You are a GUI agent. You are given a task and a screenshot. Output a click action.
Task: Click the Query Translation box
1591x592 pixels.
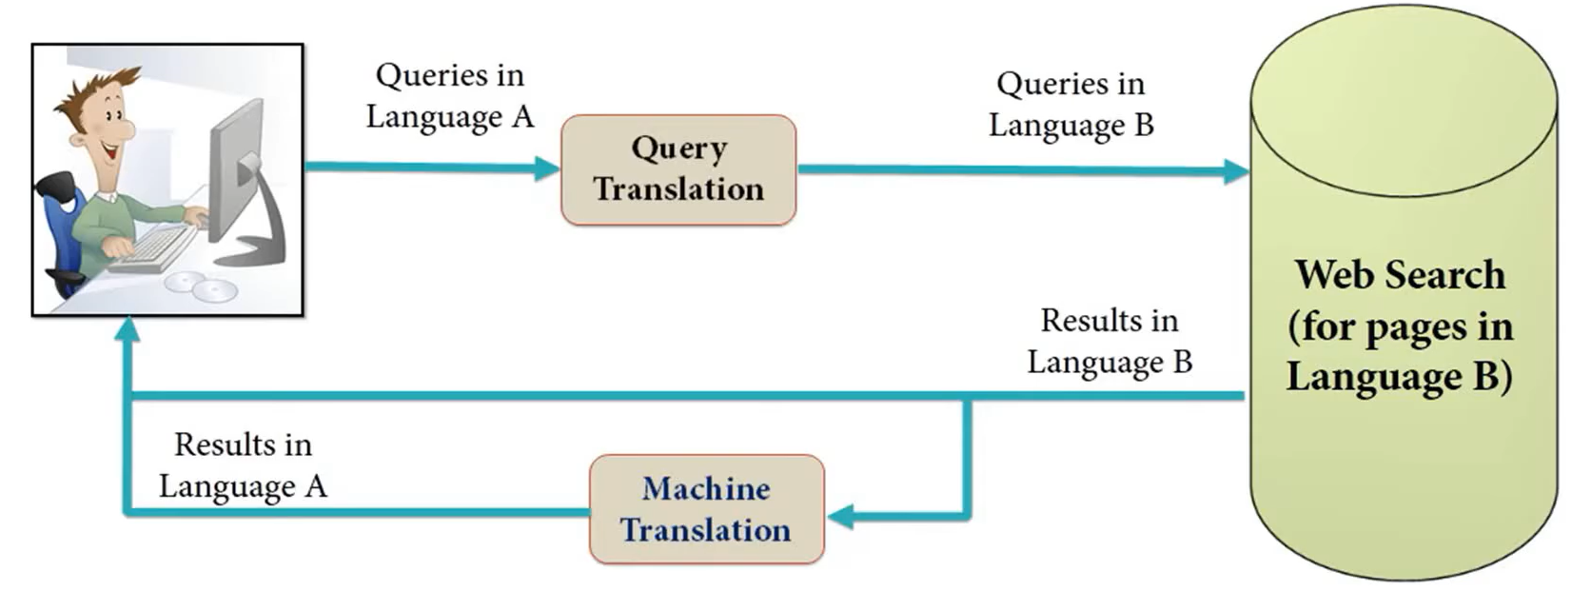point(678,170)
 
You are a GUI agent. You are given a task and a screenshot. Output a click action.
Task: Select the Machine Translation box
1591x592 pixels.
point(706,509)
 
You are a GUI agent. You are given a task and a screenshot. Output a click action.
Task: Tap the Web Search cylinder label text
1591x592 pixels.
point(1400,326)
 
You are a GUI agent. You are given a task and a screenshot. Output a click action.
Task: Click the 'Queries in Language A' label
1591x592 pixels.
point(449,95)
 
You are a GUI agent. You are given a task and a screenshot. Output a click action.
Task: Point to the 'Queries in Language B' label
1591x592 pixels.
point(1070,104)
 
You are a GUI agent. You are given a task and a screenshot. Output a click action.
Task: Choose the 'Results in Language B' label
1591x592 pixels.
point(1110,341)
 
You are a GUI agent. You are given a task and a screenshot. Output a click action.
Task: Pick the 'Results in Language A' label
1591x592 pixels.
point(243,465)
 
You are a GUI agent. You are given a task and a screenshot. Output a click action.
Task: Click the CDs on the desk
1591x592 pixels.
point(201,285)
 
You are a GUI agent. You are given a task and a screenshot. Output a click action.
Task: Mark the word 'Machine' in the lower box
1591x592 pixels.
point(706,488)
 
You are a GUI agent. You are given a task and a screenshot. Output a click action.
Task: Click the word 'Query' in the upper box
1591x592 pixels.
point(678,148)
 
